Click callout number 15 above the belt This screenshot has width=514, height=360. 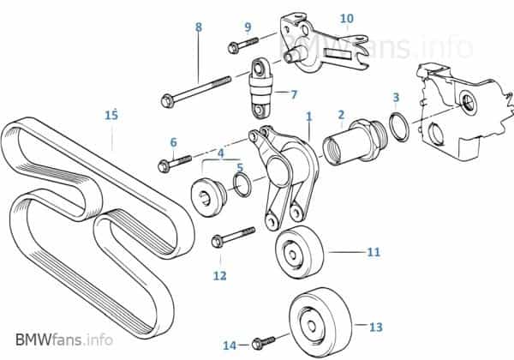[111, 114]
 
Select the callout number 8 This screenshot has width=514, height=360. [199, 27]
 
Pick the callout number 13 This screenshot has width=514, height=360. [376, 327]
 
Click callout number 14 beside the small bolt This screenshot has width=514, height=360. [229, 345]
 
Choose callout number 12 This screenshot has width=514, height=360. [220, 275]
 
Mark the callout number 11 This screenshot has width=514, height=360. [373, 253]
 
